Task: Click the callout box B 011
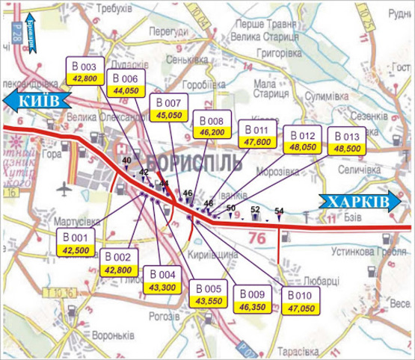pyautogui.click(x=256, y=134)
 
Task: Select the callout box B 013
pyautogui.click(x=348, y=143)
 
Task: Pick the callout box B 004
pyautogui.click(x=162, y=279)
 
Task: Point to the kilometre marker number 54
pyautogui.click(x=279, y=211)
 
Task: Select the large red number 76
pyautogui.click(x=256, y=238)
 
